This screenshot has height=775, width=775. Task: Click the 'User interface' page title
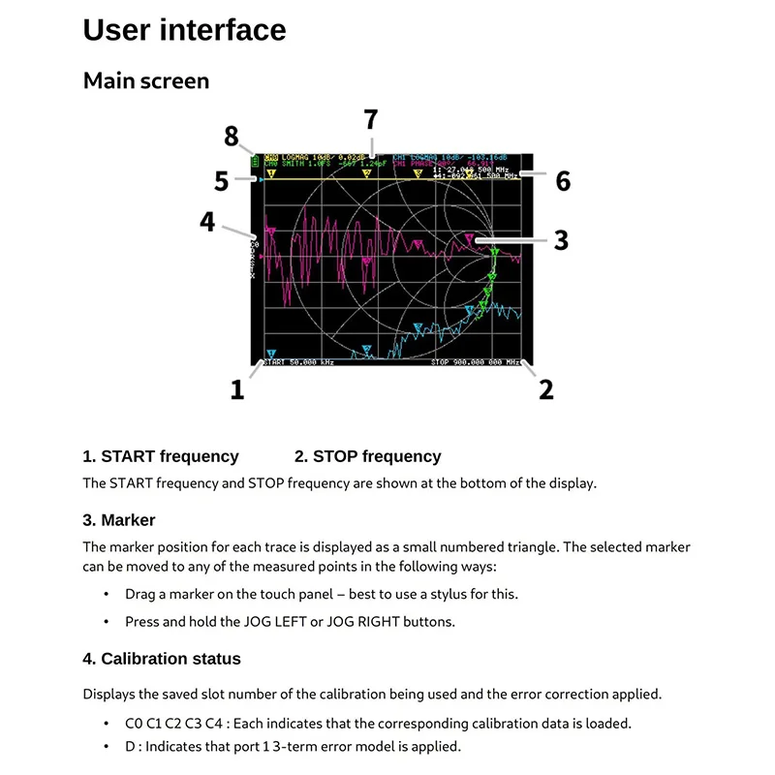pyautogui.click(x=184, y=30)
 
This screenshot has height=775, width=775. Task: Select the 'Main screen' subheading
pyautogui.click(x=146, y=80)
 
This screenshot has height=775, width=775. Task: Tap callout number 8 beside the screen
pyautogui.click(x=231, y=137)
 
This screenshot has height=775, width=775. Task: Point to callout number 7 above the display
pyautogui.click(x=370, y=120)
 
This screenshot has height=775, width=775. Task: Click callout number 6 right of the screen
pyautogui.click(x=562, y=181)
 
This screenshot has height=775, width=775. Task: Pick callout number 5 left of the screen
pyautogui.click(x=221, y=181)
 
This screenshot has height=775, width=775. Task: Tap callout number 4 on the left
pyautogui.click(x=207, y=222)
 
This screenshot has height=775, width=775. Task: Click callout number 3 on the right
pyautogui.click(x=561, y=239)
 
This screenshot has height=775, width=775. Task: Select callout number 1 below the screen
pyautogui.click(x=236, y=389)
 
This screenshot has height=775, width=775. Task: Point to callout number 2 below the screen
pyautogui.click(x=546, y=389)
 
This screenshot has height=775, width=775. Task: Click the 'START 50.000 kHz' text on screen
pyautogui.click(x=299, y=362)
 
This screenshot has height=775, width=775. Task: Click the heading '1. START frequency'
pyautogui.click(x=161, y=456)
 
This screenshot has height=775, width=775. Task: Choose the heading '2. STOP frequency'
pyautogui.click(x=367, y=456)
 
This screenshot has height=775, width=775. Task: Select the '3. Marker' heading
pyautogui.click(x=119, y=520)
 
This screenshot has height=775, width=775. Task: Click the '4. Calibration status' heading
pyautogui.click(x=162, y=659)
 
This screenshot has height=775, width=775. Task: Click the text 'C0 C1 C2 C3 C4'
pyautogui.click(x=169, y=723)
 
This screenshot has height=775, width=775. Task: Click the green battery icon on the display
pyautogui.click(x=254, y=159)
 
